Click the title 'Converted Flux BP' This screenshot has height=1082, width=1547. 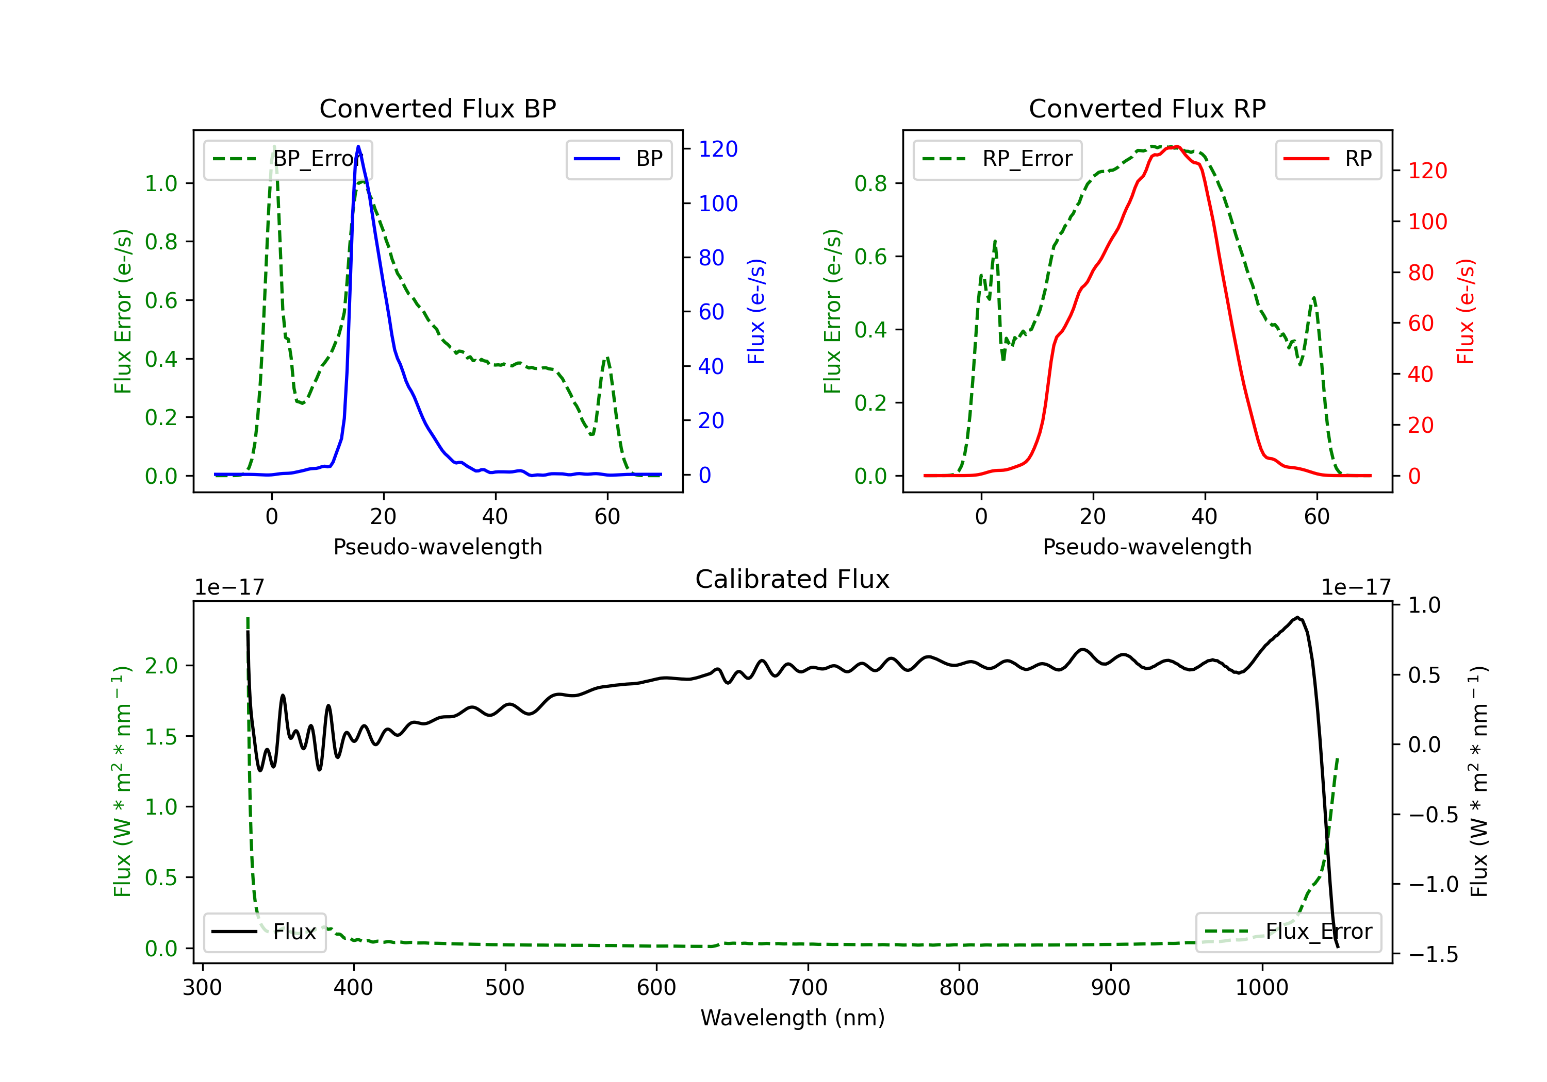437,108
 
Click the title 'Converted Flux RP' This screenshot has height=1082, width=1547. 1147,108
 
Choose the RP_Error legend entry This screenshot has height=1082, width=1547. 997,159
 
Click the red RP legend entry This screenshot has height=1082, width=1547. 1328,159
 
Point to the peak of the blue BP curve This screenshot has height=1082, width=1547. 358,146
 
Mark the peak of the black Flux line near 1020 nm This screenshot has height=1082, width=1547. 1296,617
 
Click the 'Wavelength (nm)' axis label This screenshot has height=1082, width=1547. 793,1018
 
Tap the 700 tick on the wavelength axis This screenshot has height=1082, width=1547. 808,987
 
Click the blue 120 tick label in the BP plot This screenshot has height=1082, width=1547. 718,149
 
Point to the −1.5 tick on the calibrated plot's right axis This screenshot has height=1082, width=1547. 1433,954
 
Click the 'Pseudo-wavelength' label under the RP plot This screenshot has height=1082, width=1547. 1147,547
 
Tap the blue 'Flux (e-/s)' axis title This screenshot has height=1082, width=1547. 756,312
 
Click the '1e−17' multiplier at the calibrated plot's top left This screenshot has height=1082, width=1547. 229,587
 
